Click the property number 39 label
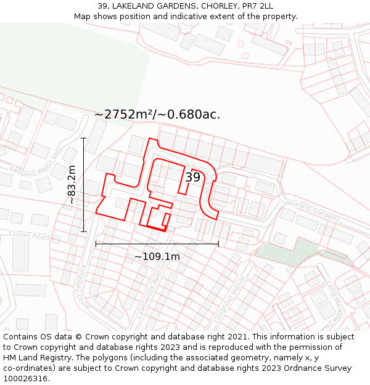click(193, 177)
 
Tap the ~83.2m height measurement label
click(72, 185)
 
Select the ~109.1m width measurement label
click(157, 256)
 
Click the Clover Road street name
click(29, 236)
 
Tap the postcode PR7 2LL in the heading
click(253, 6)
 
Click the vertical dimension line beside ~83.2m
click(83, 185)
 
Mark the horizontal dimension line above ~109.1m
click(157, 244)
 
